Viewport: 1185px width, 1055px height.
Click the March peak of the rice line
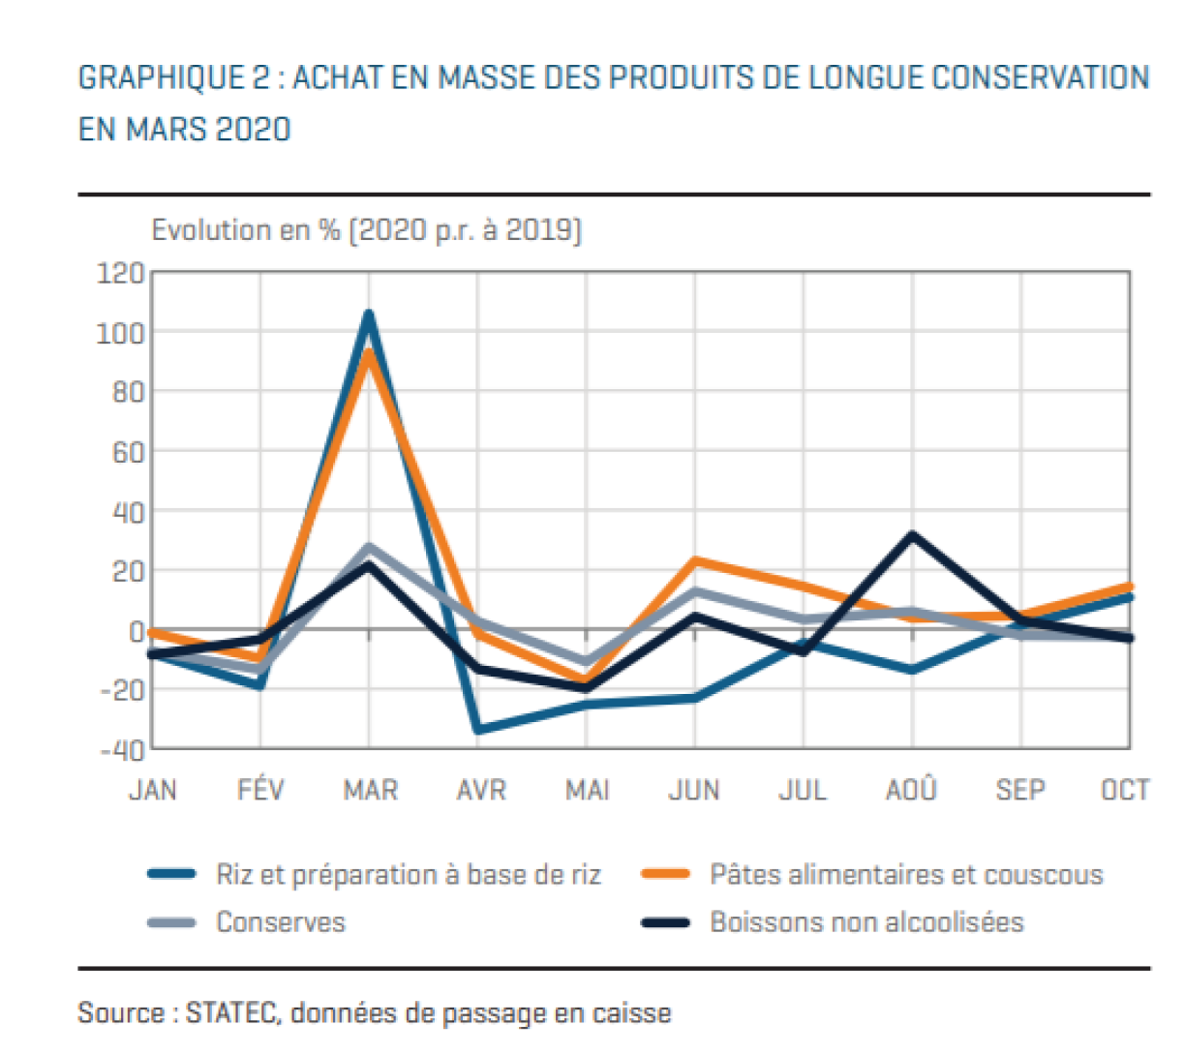pyautogui.click(x=369, y=314)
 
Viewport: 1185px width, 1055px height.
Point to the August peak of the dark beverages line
pyautogui.click(x=912, y=534)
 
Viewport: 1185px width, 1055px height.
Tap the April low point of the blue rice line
pyautogui.click(x=478, y=729)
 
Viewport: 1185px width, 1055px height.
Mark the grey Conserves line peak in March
pyautogui.click(x=369, y=547)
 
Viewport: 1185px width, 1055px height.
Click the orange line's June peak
pyautogui.click(x=695, y=560)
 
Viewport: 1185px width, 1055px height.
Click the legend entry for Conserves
pyautogui.click(x=247, y=922)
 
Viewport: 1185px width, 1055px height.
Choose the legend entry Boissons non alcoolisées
pyautogui.click(x=833, y=922)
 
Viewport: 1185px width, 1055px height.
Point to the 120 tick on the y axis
pyautogui.click(x=120, y=273)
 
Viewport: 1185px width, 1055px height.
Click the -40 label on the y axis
pyautogui.click(x=122, y=750)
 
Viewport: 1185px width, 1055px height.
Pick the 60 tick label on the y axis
pyautogui.click(x=128, y=452)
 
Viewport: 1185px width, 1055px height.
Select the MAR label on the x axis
pyautogui.click(x=370, y=790)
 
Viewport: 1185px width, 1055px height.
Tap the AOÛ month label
pyautogui.click(x=911, y=789)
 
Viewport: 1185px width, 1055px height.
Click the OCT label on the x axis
pyautogui.click(x=1125, y=790)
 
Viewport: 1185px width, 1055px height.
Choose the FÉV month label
pyautogui.click(x=260, y=789)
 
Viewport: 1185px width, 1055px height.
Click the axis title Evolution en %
pyautogui.click(x=246, y=229)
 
